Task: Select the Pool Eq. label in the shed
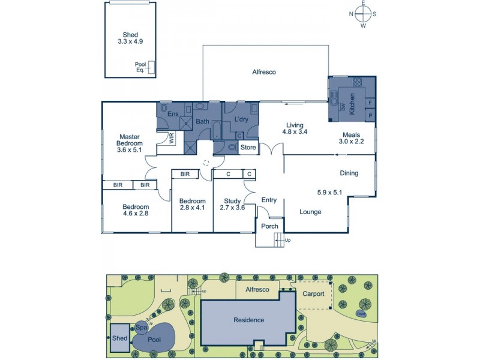[140, 67]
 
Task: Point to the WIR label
[170, 138]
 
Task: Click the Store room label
[248, 147]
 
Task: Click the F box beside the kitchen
[370, 103]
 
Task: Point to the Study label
[232, 201]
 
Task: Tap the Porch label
[269, 226]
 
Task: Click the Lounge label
[310, 212]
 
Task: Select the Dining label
[349, 173]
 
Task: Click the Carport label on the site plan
[313, 294]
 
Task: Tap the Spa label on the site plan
[142, 328]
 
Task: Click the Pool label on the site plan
[155, 339]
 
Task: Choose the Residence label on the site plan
[248, 320]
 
